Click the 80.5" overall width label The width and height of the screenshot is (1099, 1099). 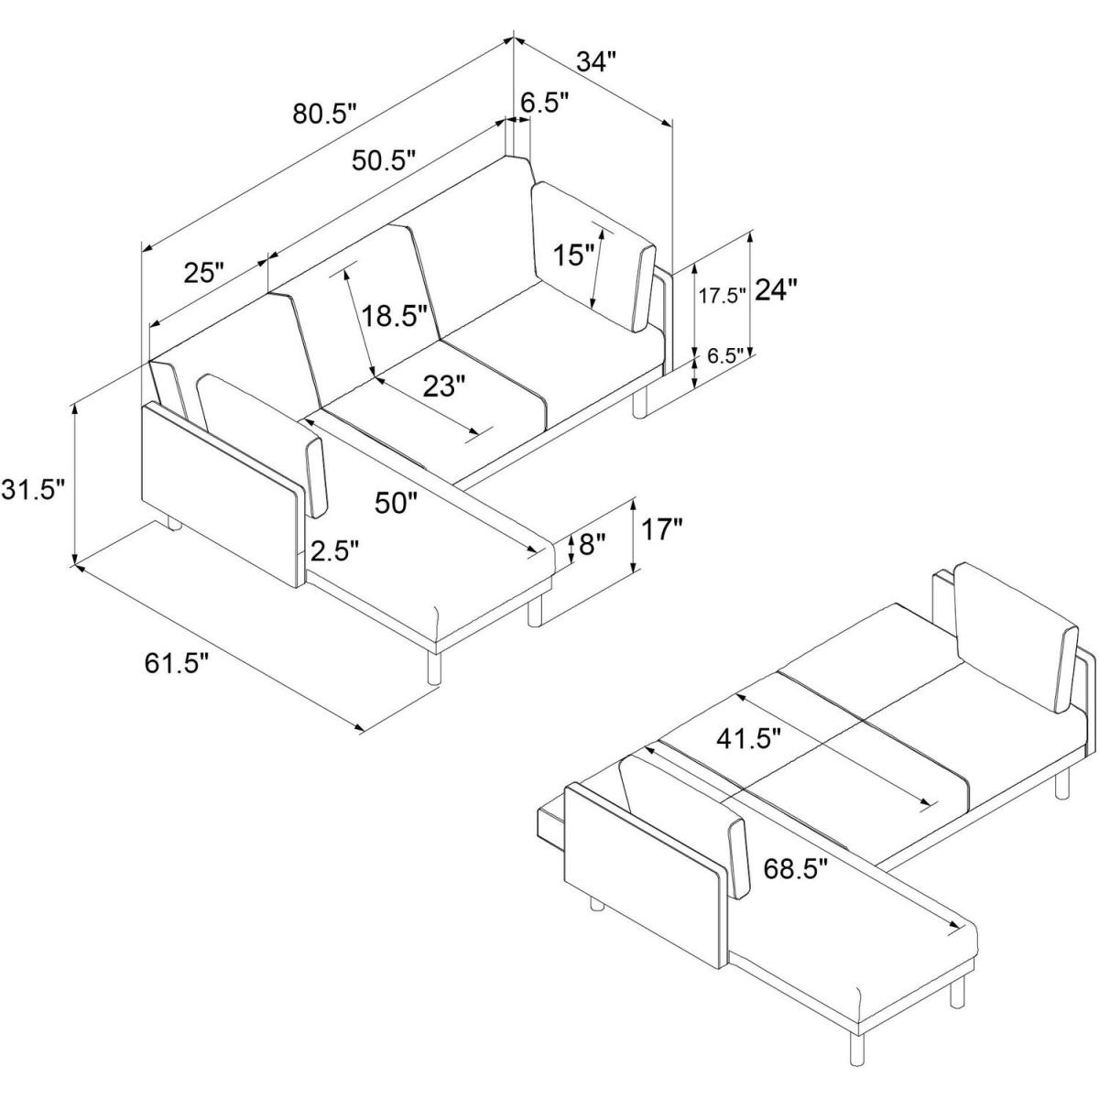coord(324,114)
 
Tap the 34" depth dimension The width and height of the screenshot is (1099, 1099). coord(596,61)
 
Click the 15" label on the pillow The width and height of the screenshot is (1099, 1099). coord(574,255)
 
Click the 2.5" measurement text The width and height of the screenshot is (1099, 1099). coord(335,551)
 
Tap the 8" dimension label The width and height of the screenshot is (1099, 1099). coord(591,544)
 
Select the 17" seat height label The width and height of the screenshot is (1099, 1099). coord(662,529)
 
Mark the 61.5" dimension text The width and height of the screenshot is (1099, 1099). coord(177,663)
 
